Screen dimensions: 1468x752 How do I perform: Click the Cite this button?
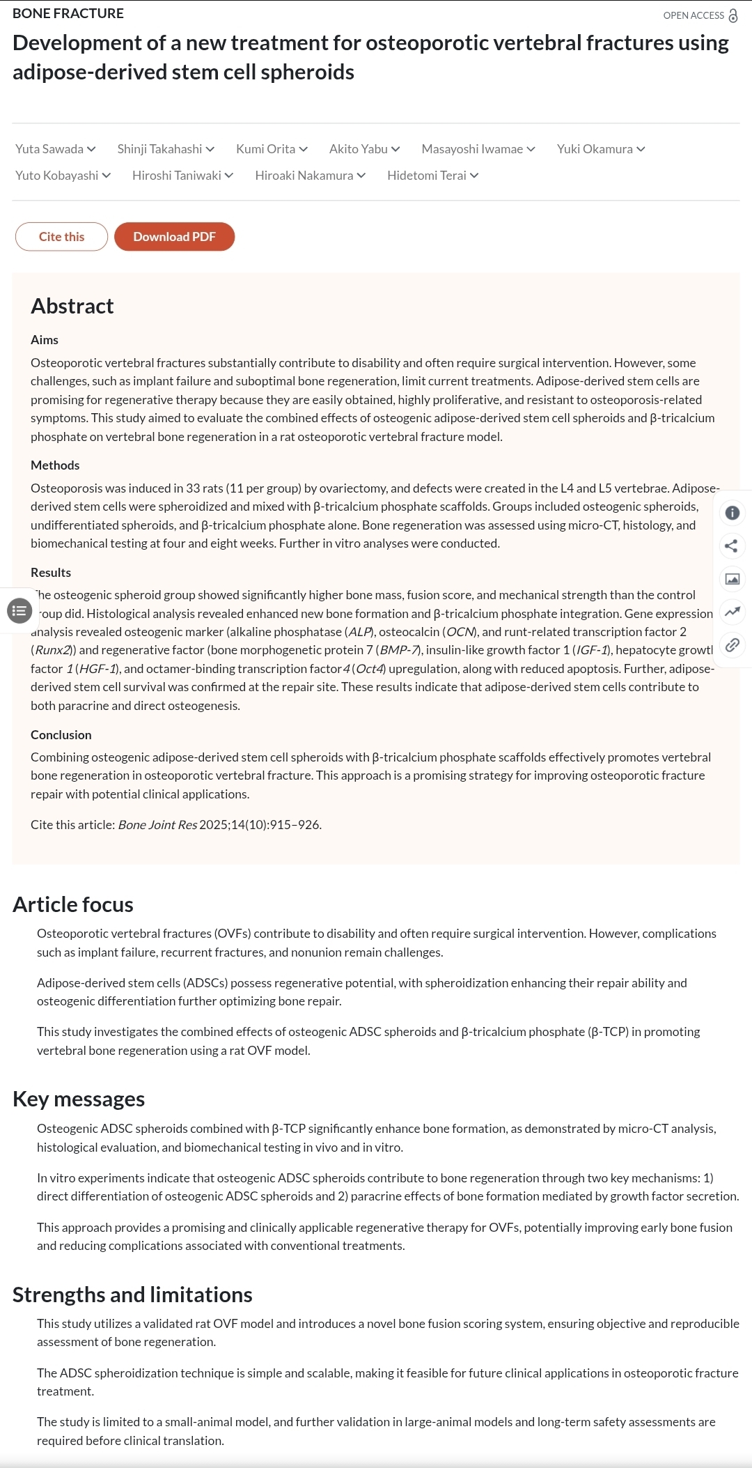pos(61,237)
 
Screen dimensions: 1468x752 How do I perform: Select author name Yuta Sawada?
pos(49,149)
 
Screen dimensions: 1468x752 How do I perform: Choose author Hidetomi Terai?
pos(426,176)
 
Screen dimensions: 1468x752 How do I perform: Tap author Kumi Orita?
pos(265,149)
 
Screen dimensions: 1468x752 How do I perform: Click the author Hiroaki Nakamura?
pos(304,176)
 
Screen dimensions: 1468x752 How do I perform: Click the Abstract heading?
pos(72,307)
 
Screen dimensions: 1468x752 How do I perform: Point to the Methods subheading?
pos(55,465)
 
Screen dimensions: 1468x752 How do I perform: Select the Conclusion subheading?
pos(61,735)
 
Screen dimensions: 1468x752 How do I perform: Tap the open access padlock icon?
pos(733,16)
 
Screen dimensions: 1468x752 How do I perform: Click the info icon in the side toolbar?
pos(732,513)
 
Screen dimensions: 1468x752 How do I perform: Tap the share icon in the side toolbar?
pos(731,546)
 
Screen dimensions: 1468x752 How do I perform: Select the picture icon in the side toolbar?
pos(732,579)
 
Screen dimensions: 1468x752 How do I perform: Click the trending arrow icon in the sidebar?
pos(732,612)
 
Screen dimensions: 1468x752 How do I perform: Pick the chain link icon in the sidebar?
pos(732,645)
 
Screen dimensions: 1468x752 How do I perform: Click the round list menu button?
pos(19,611)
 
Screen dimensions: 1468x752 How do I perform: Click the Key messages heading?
pos(79,1099)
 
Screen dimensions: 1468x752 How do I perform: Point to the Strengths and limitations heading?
pos(132,1295)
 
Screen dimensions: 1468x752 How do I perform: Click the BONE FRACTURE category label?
pos(68,14)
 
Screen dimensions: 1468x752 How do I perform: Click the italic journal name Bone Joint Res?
pos(157,825)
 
